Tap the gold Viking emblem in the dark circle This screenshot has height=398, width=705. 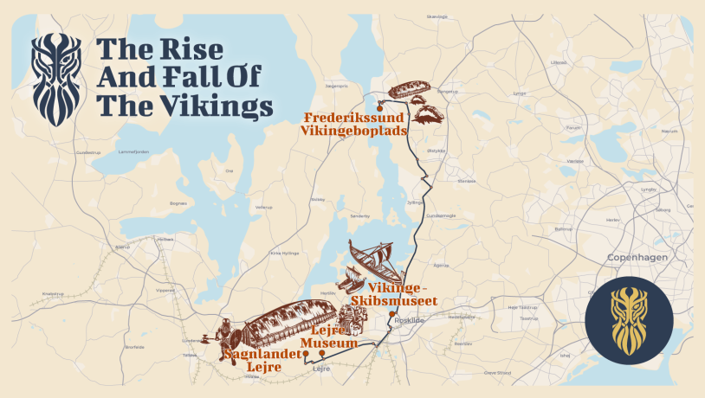tap(629, 321)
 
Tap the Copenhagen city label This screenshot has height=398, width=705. tap(635, 258)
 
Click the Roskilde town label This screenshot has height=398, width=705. tap(408, 320)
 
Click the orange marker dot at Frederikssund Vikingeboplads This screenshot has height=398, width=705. tap(380, 106)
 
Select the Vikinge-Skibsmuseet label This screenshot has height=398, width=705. tap(402, 293)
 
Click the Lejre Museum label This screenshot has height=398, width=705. tap(334, 337)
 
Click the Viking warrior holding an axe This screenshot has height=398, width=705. tap(223, 334)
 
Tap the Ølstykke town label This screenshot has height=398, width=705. tap(436, 150)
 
